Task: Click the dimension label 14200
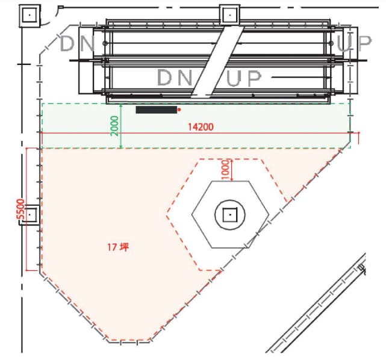[200, 127]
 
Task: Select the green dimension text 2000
[114, 126]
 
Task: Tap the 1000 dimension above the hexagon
[225, 169]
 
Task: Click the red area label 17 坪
[117, 247]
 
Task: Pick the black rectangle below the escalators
[156, 110]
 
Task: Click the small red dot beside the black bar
[179, 110]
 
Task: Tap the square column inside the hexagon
[229, 214]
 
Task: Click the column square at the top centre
[229, 13]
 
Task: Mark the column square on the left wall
[30, 214]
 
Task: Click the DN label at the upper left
[77, 43]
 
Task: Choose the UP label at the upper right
[353, 43]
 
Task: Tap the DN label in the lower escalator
[175, 78]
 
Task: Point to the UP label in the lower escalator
[245, 78]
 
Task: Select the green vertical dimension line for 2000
[122, 126]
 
